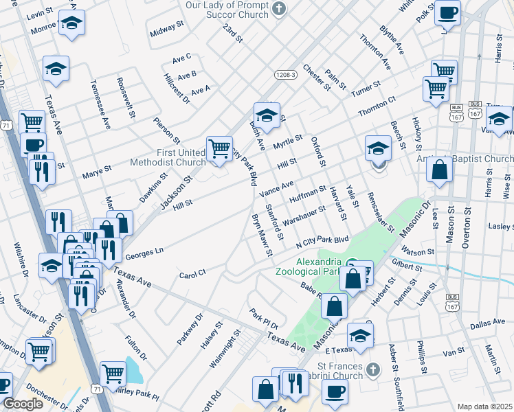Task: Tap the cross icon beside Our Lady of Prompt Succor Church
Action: (278, 10)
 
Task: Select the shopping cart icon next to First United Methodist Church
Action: (219, 148)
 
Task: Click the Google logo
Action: (23, 404)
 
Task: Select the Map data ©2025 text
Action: (484, 407)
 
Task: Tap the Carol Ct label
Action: (192, 274)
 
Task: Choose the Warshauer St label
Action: (303, 215)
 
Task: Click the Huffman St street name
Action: (307, 194)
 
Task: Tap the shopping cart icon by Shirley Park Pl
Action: (113, 373)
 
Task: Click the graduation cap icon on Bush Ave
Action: (266, 114)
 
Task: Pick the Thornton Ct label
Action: (377, 108)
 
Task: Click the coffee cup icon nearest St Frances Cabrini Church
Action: (335, 391)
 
